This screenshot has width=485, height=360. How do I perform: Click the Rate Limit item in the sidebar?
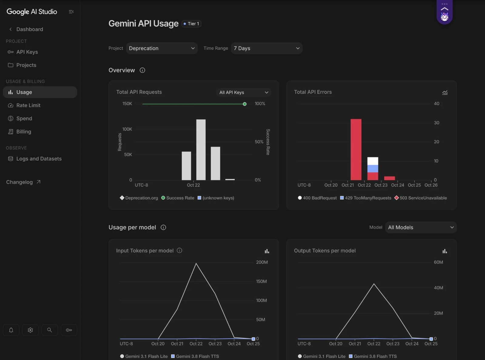pyautogui.click(x=28, y=105)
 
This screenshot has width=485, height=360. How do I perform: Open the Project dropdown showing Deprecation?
pyautogui.click(x=162, y=48)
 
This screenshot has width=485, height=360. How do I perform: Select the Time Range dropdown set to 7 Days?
pyautogui.click(x=267, y=48)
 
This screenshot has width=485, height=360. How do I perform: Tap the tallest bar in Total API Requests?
pyautogui.click(x=201, y=150)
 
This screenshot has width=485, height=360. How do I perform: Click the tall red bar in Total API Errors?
pyautogui.click(x=356, y=150)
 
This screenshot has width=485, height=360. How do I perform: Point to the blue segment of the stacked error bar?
pyautogui.click(x=373, y=169)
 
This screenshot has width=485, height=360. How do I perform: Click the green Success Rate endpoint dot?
pyautogui.click(x=245, y=104)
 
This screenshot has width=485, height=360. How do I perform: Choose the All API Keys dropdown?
pyautogui.click(x=244, y=93)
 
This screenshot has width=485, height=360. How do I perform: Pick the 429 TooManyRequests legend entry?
pyautogui.click(x=366, y=198)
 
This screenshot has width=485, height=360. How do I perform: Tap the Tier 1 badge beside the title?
pyautogui.click(x=191, y=24)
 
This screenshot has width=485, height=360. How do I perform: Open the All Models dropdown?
pyautogui.click(x=421, y=227)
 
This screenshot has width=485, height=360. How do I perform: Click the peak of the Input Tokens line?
pyautogui.click(x=196, y=263)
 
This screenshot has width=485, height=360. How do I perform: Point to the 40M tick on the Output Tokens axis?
pyautogui.click(x=438, y=288)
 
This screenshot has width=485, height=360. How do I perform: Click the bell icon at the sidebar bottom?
pyautogui.click(x=11, y=330)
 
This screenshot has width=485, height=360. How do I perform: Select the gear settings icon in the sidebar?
pyautogui.click(x=30, y=330)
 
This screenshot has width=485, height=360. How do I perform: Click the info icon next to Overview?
pyautogui.click(x=142, y=70)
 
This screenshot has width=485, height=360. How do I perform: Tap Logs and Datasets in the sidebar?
pyautogui.click(x=39, y=159)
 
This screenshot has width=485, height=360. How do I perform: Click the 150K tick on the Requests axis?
pyautogui.click(x=127, y=103)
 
